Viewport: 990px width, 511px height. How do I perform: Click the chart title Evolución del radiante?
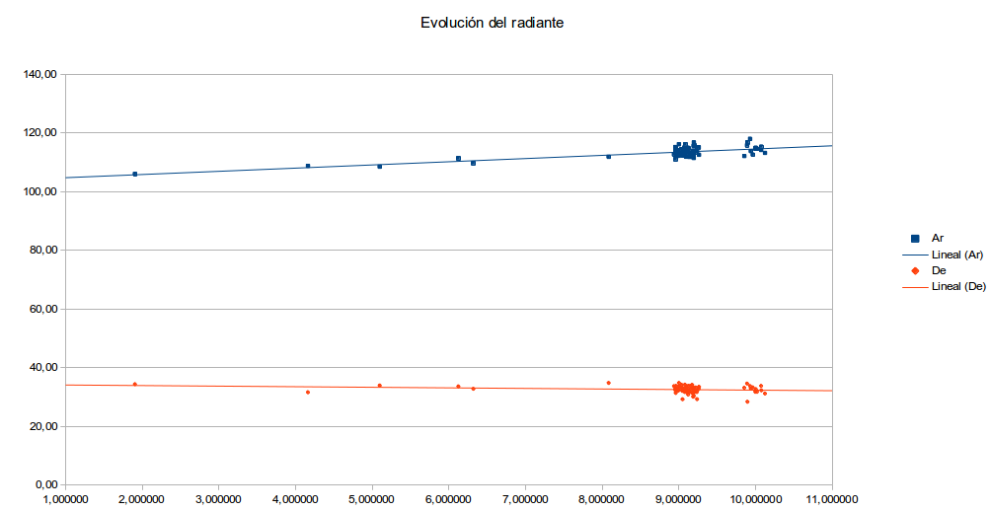(x=492, y=23)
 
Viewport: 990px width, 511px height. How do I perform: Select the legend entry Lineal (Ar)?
(x=958, y=255)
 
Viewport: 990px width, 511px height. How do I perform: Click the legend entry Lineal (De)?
(x=958, y=286)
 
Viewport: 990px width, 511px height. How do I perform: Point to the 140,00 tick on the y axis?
(x=40, y=74)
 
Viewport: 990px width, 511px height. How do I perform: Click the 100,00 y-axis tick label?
(x=40, y=191)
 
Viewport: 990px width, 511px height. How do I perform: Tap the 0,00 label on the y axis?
(x=46, y=485)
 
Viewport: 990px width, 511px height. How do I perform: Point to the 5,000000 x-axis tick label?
(x=372, y=500)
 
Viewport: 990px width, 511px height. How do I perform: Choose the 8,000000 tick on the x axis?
(x=602, y=500)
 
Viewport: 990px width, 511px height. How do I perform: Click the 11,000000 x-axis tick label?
(x=831, y=500)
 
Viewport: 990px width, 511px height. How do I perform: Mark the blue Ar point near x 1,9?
(x=135, y=175)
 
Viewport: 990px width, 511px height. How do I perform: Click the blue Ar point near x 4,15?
(x=308, y=166)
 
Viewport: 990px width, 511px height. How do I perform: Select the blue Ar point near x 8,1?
(x=609, y=156)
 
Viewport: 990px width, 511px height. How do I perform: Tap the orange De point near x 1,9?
(x=135, y=384)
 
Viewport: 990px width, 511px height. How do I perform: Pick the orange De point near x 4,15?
(x=308, y=392)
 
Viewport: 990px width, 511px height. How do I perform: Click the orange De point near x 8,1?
(x=609, y=383)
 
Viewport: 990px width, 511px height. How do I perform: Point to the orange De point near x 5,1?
(x=380, y=386)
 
